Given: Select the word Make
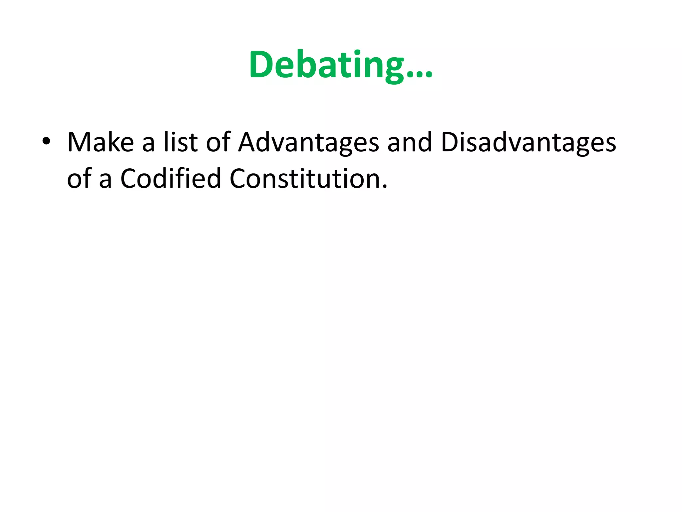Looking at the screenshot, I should [101, 143].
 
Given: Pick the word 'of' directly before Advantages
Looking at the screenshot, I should [218, 143].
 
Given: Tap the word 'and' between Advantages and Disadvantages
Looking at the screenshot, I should [410, 143].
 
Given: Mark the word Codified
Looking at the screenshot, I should [170, 179].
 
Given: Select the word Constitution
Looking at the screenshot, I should [304, 179].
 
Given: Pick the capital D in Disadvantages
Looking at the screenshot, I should [449, 143].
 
